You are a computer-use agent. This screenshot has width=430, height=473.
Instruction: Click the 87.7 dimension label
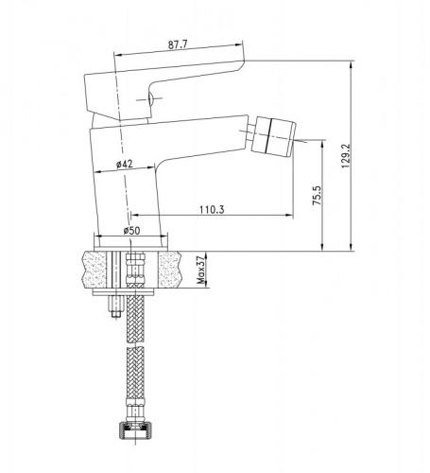pos(178,44)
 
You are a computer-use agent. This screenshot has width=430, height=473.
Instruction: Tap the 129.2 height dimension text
pos(346,156)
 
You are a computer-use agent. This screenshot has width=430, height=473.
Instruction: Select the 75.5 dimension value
pos(317,196)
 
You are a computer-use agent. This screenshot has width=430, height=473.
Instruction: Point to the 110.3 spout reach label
pos(212,209)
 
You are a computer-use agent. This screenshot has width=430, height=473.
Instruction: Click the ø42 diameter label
pos(125,164)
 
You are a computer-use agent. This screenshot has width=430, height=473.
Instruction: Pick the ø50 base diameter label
pos(131,231)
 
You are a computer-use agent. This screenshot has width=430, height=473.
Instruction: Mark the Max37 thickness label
pos(200,271)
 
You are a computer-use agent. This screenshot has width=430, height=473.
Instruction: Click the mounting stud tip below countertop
pos(115,314)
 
